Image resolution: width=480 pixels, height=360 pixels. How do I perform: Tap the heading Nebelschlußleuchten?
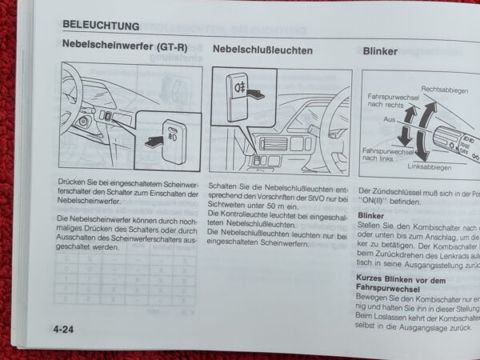point(263,50)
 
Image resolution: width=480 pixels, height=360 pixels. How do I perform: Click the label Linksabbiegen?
point(429,167)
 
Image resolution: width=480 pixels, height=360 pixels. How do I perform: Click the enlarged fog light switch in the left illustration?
point(175,135)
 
